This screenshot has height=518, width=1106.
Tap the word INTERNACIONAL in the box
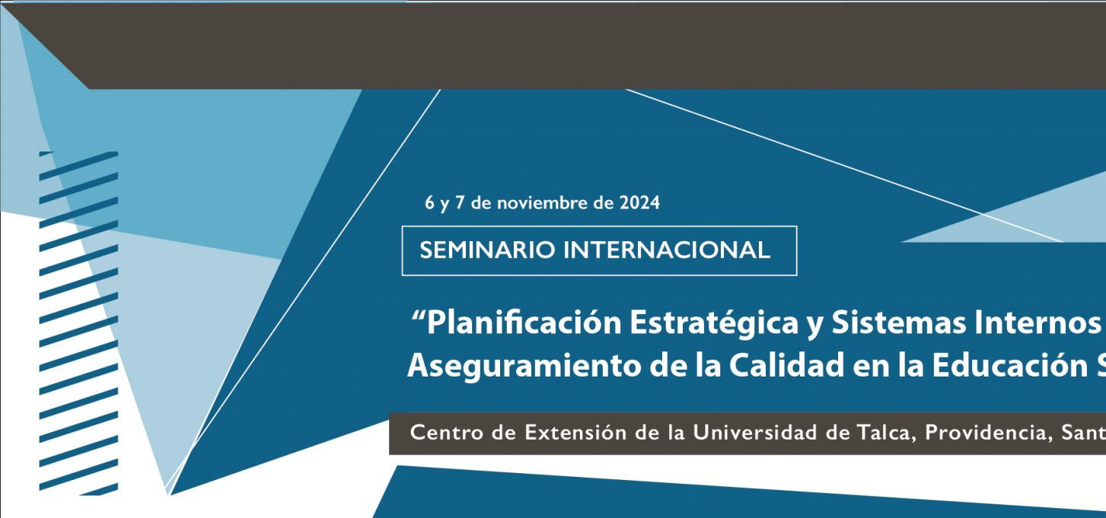click(x=667, y=250)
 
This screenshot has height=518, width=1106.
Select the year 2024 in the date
click(x=640, y=203)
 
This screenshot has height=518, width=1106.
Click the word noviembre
click(x=543, y=203)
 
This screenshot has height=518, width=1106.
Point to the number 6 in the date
click(x=429, y=203)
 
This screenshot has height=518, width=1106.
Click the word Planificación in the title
click(x=524, y=323)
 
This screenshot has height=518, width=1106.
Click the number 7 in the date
click(x=460, y=203)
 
